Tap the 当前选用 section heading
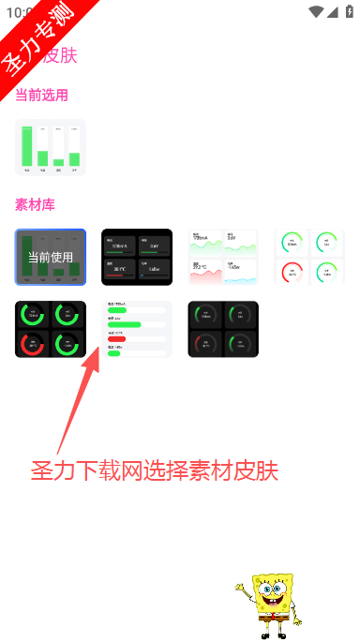pos(41,95)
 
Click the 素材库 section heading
pos(35,203)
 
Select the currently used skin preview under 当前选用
pos(51,147)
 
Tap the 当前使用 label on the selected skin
pos(51,257)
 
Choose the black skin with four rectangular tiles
pos(137,257)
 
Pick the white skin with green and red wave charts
pos(223,257)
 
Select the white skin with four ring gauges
pos(309,257)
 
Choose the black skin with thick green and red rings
pos(51,329)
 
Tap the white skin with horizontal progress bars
pos(137,329)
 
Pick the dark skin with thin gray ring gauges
pos(223,329)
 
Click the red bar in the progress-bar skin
pos(117,338)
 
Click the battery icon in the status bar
pos(350,11)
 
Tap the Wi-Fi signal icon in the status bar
pos(322,11)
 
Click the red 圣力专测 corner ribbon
pos(37,37)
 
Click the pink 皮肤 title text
pos(61,55)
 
